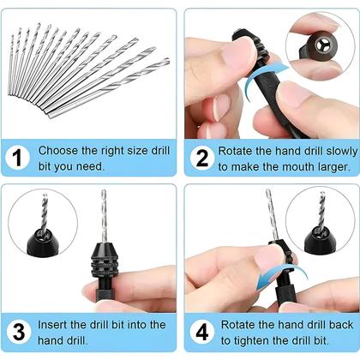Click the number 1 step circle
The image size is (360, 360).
19,159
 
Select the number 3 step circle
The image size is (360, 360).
19,333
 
